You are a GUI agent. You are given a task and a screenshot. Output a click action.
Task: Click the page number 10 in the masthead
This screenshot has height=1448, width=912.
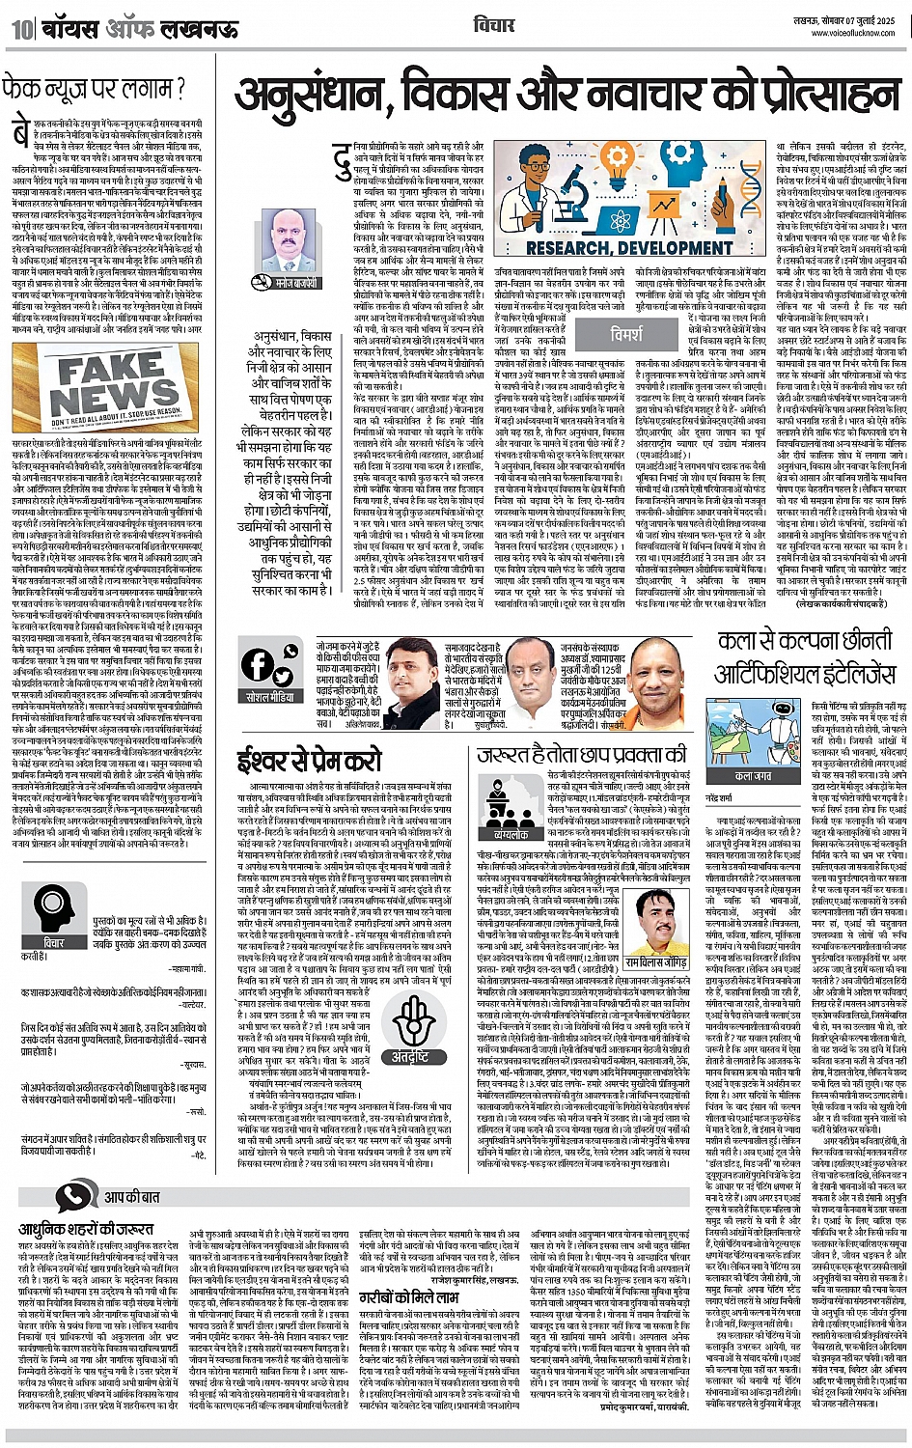coord(21,29)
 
